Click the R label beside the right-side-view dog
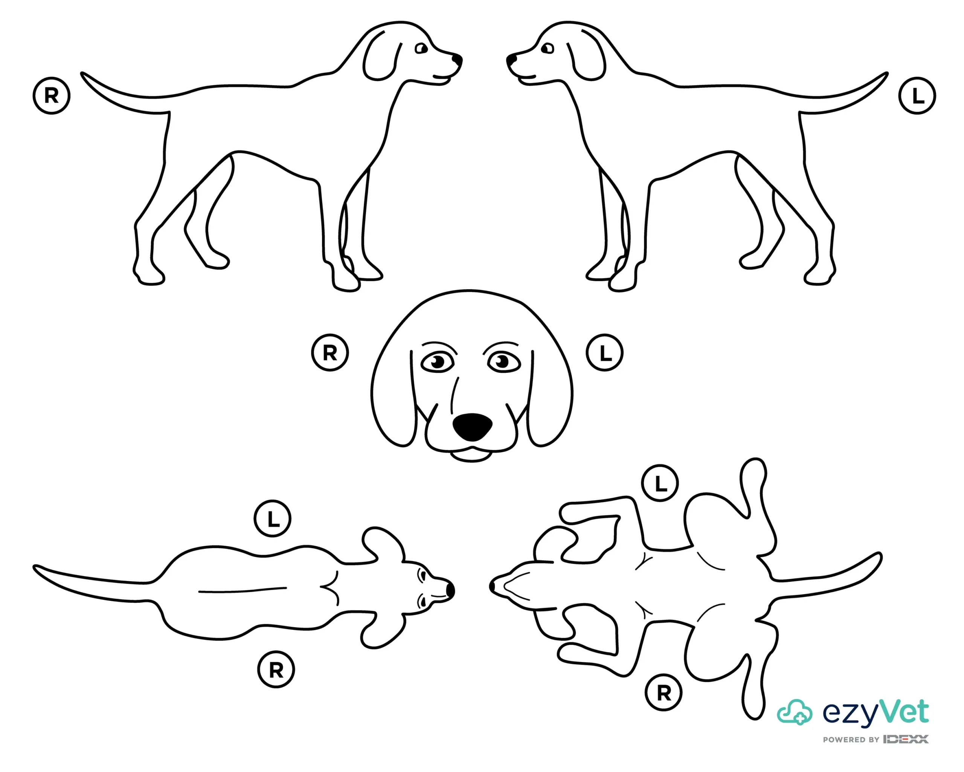click(x=52, y=96)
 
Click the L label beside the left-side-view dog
click(x=917, y=96)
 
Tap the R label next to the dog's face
click(x=329, y=353)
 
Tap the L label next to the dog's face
click(x=604, y=353)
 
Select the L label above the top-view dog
click(x=272, y=519)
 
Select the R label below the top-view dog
click(x=276, y=669)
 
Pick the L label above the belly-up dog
click(x=660, y=483)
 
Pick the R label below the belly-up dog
click(x=664, y=693)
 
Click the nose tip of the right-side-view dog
click(x=458, y=59)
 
